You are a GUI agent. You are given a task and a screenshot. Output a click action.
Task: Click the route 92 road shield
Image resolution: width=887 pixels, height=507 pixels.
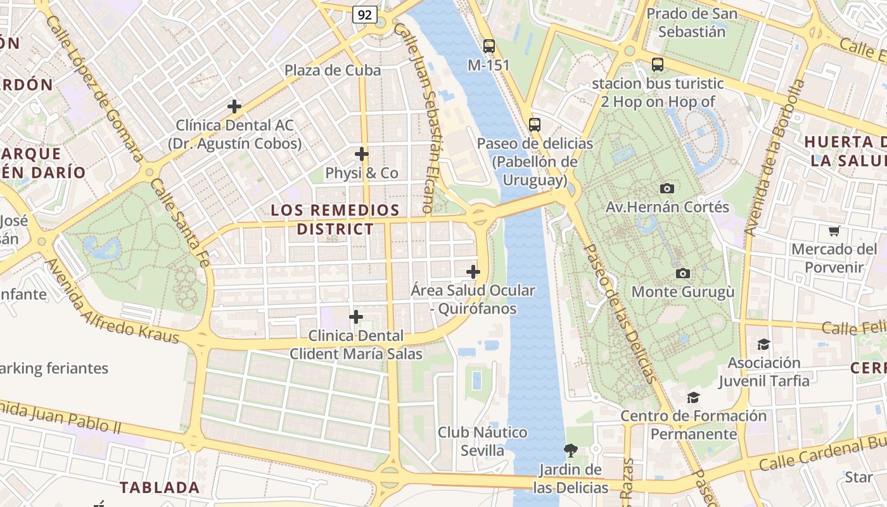(365, 14)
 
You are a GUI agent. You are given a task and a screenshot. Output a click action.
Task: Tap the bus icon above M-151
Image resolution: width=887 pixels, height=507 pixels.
(488, 46)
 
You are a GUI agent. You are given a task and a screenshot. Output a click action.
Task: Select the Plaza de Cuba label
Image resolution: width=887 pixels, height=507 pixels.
(333, 70)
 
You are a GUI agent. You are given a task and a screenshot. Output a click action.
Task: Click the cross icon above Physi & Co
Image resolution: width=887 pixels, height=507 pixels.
(362, 154)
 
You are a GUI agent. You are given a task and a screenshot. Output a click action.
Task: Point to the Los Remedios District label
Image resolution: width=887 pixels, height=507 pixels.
(335, 219)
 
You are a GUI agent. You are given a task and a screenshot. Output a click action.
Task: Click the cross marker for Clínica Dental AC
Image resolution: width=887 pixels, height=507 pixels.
(234, 106)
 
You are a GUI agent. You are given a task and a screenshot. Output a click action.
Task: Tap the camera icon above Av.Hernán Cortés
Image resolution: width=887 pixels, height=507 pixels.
(667, 188)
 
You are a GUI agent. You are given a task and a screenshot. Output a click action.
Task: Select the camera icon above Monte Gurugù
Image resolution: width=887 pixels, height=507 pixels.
(682, 273)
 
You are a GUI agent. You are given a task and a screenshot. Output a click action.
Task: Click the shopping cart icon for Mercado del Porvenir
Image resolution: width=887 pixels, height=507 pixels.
(834, 231)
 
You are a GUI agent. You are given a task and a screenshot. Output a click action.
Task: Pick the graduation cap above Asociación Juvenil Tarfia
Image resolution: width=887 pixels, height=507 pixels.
(763, 344)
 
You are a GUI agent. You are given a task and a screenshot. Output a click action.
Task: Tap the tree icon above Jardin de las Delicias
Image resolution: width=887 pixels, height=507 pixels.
(570, 451)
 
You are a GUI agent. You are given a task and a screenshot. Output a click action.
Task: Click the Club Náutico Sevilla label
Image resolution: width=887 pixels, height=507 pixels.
(482, 441)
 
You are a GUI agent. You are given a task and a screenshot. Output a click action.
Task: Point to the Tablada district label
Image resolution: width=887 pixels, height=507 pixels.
(160, 487)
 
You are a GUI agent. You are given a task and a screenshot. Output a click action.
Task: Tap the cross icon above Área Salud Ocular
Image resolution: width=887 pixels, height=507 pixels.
(473, 273)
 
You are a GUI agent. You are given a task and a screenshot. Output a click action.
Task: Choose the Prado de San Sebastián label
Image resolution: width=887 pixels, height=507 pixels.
(691, 22)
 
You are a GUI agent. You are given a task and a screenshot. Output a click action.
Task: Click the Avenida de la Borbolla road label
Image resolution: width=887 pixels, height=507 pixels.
(774, 158)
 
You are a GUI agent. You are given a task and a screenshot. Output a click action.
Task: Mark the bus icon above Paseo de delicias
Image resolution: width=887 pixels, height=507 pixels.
(535, 124)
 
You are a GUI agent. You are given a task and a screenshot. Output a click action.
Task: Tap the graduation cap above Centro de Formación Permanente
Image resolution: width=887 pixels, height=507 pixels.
(694, 397)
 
